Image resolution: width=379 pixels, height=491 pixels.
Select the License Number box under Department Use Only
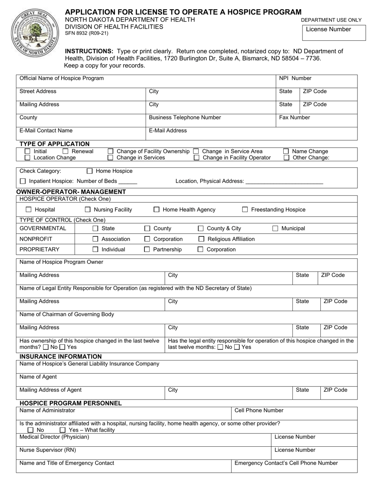pos(334,33)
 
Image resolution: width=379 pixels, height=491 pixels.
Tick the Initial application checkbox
pos(28,151)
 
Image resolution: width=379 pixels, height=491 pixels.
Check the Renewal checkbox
pos(66,151)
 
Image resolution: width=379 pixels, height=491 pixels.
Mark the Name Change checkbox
pos(286,151)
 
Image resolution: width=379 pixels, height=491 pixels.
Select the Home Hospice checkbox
pos(90,171)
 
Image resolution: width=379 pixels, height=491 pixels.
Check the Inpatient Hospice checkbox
pos(23,181)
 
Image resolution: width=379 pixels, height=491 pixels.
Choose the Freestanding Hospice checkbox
pos(245,210)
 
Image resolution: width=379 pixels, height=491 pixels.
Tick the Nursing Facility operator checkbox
pos(88,210)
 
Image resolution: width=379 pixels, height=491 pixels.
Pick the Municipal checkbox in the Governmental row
pos(275,228)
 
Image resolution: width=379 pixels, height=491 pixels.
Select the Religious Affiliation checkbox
pos(201,239)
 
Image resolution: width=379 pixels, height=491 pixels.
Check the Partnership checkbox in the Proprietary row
pos(147,249)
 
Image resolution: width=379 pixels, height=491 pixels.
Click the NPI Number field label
pos(295,78)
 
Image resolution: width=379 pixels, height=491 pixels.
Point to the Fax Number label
pos(294,117)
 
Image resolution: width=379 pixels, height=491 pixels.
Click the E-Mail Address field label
pos(168,131)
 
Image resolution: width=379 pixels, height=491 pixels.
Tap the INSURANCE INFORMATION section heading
pos(61,356)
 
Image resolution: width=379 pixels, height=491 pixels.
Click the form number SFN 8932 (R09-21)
pos(86,34)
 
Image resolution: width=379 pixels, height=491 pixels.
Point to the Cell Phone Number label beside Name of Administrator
pos(259,410)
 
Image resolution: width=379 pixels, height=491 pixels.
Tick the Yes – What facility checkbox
pos(63,430)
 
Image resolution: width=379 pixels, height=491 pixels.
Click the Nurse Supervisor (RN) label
pos(47,450)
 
